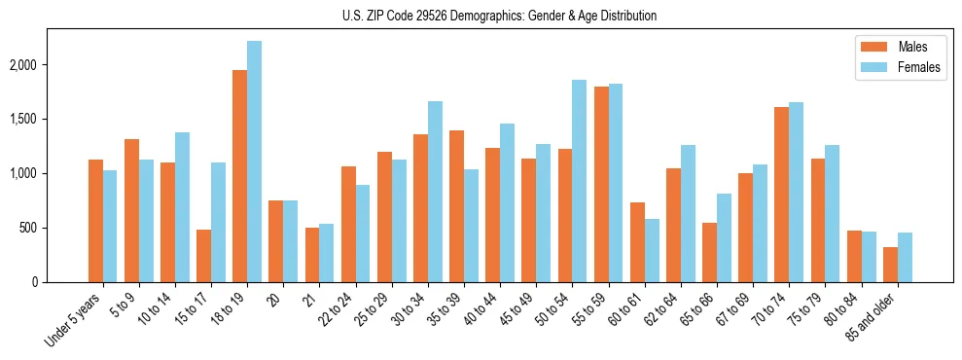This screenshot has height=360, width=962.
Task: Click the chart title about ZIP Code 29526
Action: click(x=500, y=16)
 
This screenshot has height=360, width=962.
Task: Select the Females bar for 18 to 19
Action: click(x=254, y=162)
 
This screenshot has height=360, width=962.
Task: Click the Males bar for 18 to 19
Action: click(x=239, y=176)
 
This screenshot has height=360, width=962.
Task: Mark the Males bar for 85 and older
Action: click(x=889, y=265)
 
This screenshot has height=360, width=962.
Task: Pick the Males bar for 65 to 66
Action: click(x=709, y=252)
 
